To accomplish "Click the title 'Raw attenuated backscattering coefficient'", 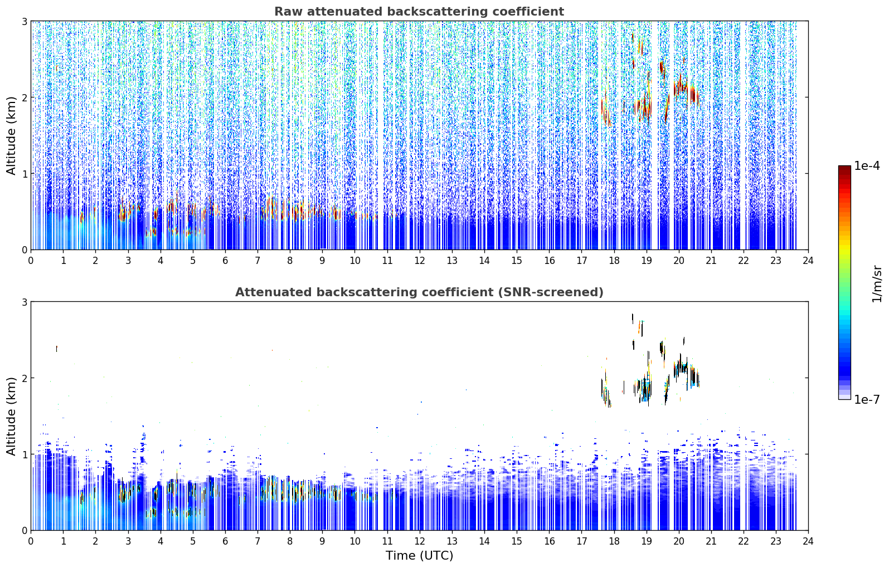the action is pyautogui.click(x=419, y=12).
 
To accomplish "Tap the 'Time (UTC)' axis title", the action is pyautogui.click(x=419, y=556).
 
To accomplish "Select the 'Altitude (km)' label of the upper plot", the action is pyautogui.click(x=11, y=136).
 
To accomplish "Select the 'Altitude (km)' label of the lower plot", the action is pyautogui.click(x=11, y=417).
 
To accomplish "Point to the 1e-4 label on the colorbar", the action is pyautogui.click(x=867, y=166).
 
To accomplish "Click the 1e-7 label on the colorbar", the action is pyautogui.click(x=867, y=399).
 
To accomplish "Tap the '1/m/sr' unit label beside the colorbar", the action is pyautogui.click(x=877, y=285).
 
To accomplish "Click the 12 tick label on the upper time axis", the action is pyautogui.click(x=420, y=261).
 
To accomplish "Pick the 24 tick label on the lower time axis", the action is pyautogui.click(x=808, y=541).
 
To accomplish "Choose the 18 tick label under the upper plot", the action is pyautogui.click(x=614, y=261).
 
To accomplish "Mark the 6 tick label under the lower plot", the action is pyautogui.click(x=225, y=541).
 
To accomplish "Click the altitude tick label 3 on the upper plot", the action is pyautogui.click(x=24, y=21).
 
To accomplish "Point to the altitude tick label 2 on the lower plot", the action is pyautogui.click(x=24, y=379).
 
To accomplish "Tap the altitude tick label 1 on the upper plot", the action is pyautogui.click(x=24, y=174).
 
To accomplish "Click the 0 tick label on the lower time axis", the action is pyautogui.click(x=31, y=541).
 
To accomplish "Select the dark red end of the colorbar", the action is pyautogui.click(x=844, y=168).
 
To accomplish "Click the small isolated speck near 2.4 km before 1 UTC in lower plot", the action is pyautogui.click(x=57, y=349).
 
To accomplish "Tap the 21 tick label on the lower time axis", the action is pyautogui.click(x=711, y=541).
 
